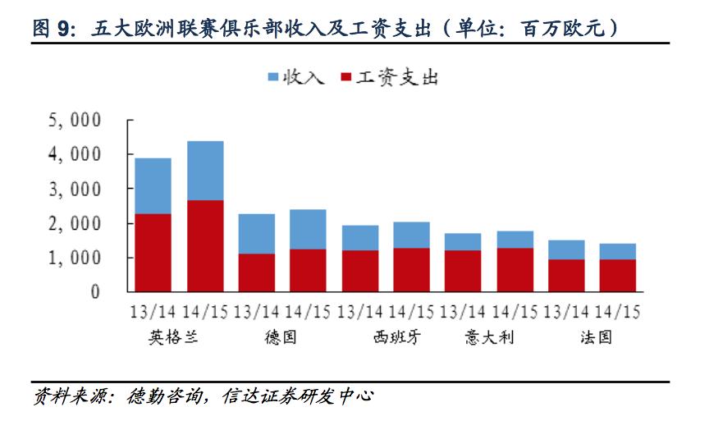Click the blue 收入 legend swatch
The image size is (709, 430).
(273, 78)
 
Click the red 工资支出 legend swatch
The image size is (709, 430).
(345, 78)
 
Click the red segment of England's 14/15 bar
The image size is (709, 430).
(205, 245)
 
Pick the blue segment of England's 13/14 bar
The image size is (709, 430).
(153, 186)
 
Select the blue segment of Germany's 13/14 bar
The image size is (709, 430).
(256, 234)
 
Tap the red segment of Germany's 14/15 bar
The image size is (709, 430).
(308, 270)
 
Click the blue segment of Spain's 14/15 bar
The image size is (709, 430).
(411, 235)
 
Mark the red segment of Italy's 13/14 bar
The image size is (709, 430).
(463, 271)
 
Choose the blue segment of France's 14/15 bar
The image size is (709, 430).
(617, 251)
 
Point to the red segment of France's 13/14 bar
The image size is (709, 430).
(565, 275)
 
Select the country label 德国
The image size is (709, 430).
(281, 336)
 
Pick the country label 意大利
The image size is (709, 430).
(489, 336)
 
